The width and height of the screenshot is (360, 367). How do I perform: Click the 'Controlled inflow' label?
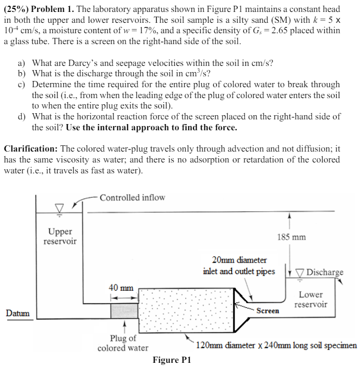tap(132, 197)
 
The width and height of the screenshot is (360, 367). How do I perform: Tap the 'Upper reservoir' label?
tap(60, 236)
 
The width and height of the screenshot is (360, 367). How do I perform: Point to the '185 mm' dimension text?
tap(291, 237)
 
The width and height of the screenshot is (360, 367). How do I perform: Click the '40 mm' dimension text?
tap(121, 288)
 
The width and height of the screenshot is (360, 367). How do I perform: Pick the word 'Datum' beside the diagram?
tap(18, 313)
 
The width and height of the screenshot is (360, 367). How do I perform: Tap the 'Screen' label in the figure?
tap(268, 310)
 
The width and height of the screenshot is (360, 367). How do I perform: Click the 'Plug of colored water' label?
tap(122, 343)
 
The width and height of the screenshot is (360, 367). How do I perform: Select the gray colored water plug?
tap(124, 310)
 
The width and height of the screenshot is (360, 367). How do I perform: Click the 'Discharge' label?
tap(325, 273)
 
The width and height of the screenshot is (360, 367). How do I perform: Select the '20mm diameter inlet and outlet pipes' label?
tap(239, 265)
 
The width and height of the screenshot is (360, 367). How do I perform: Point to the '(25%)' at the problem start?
tap(17, 10)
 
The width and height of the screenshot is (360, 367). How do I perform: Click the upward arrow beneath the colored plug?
tap(124, 328)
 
